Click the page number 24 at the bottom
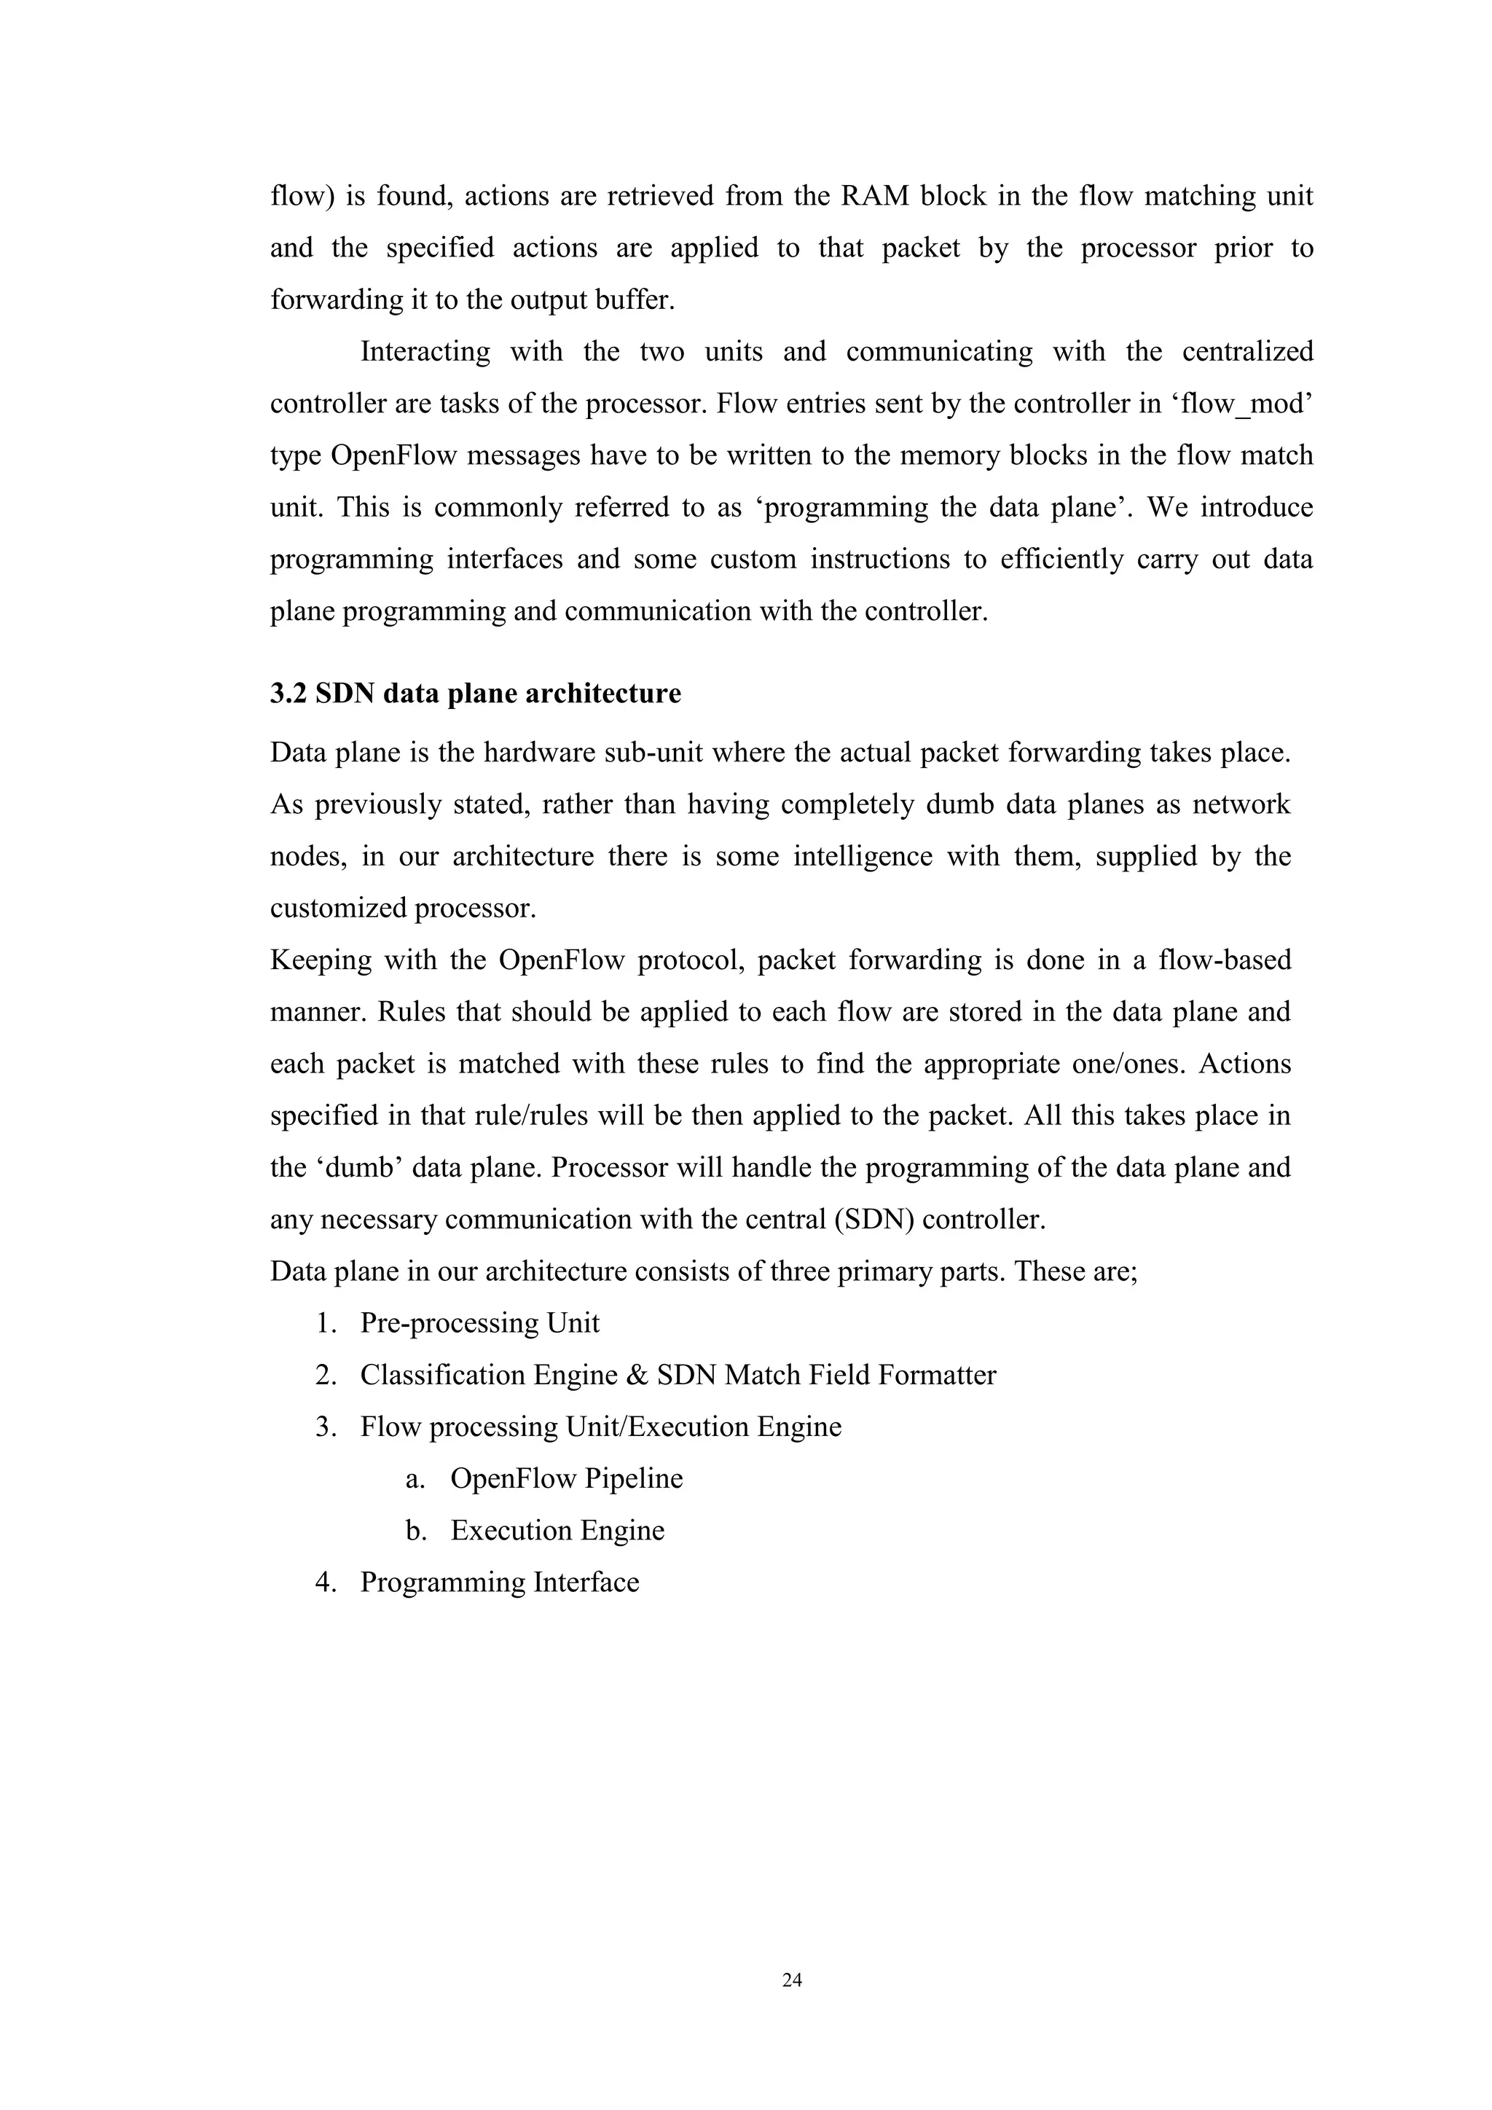point(791,1980)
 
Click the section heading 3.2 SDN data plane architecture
point(475,693)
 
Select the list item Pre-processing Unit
point(479,1322)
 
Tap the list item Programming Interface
point(499,1582)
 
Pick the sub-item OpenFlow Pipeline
point(566,1478)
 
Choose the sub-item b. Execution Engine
point(557,1530)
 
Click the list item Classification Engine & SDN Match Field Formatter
point(677,1375)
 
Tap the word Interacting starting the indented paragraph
point(425,352)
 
